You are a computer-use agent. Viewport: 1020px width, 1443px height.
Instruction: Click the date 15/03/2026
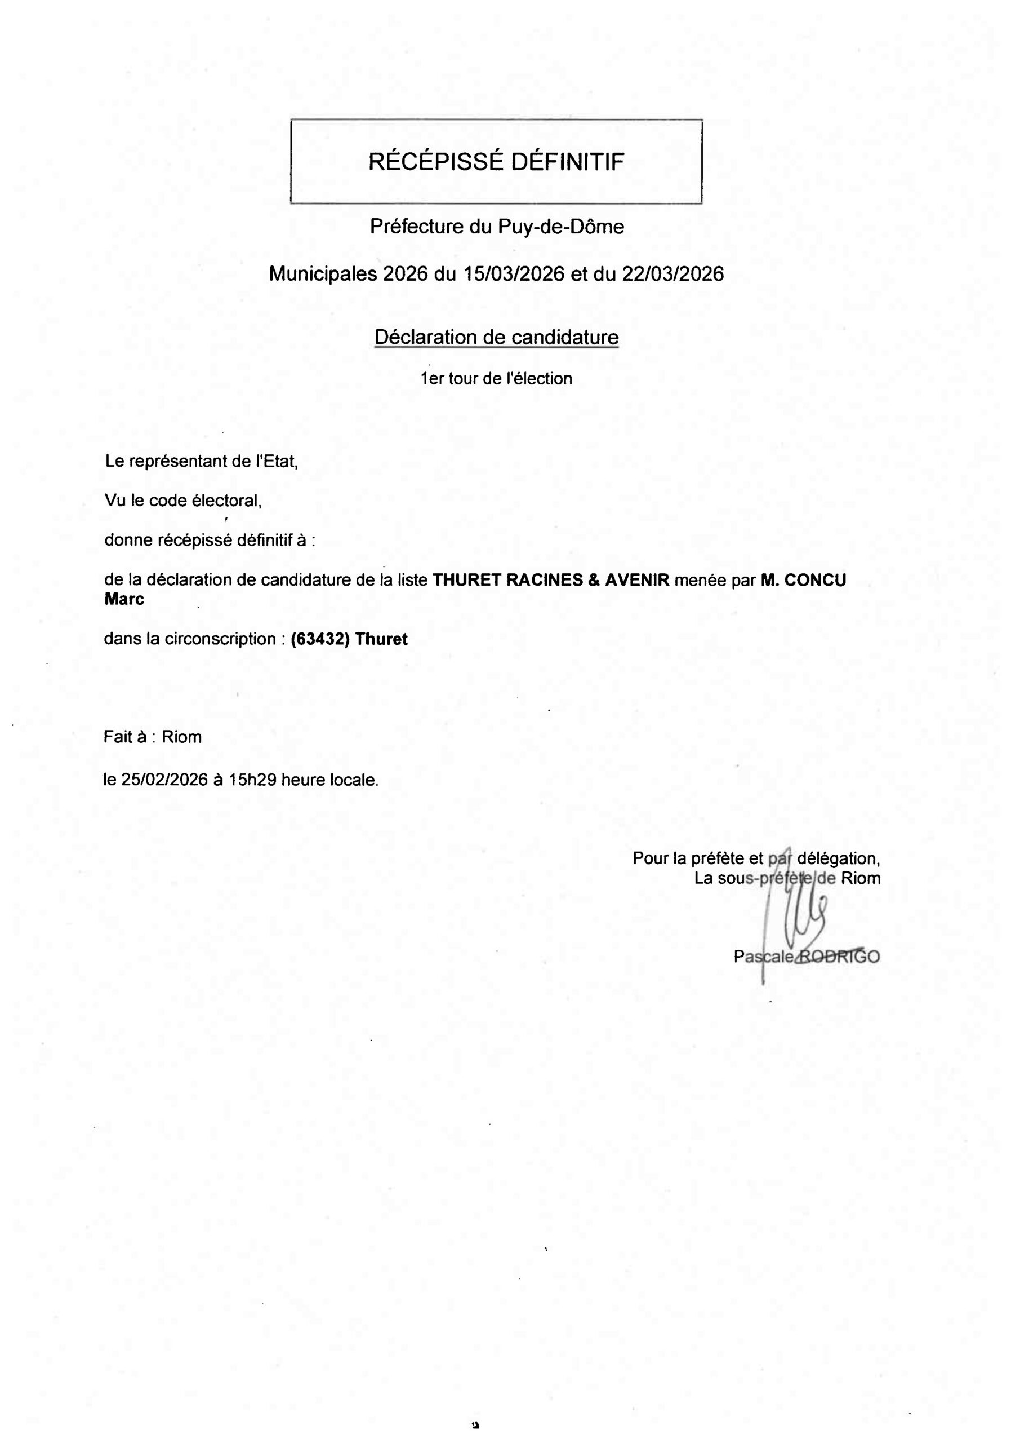pyautogui.click(x=514, y=274)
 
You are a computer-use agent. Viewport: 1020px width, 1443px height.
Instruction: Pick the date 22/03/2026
pyautogui.click(x=672, y=274)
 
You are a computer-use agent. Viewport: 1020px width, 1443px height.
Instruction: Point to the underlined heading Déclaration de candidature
pyautogui.click(x=496, y=338)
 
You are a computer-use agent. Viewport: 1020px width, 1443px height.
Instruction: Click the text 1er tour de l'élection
pyautogui.click(x=496, y=379)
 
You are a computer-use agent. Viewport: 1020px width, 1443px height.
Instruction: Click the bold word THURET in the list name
pyautogui.click(x=467, y=580)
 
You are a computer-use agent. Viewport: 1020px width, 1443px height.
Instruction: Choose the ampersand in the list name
pyautogui.click(x=594, y=580)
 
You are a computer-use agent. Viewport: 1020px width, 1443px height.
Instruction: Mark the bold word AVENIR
pyautogui.click(x=637, y=580)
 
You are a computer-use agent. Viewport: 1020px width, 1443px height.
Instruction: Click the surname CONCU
pyautogui.click(x=815, y=580)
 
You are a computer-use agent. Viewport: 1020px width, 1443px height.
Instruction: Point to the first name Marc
pyautogui.click(x=124, y=600)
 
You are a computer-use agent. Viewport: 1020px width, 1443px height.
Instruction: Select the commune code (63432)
pyautogui.click(x=320, y=639)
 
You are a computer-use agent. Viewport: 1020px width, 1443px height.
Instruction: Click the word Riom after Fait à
pyautogui.click(x=181, y=737)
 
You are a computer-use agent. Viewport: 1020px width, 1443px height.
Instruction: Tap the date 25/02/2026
pyautogui.click(x=164, y=780)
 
